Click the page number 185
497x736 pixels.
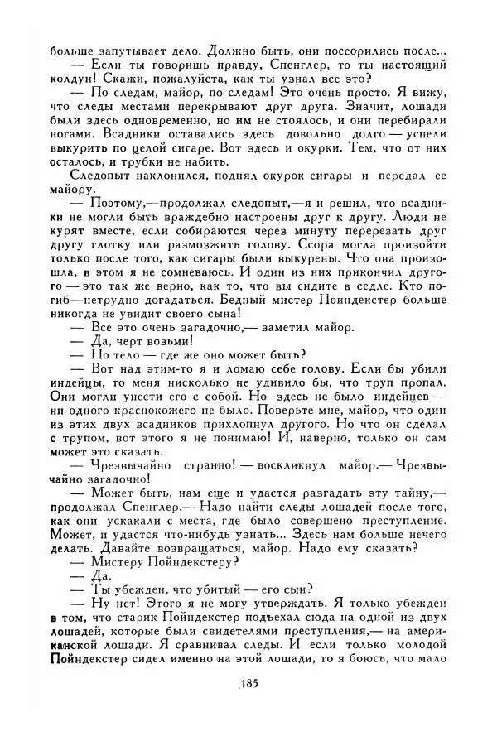tap(248, 684)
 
